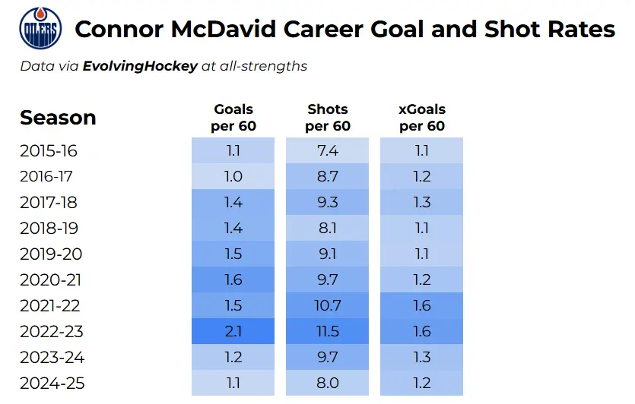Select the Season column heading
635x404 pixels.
click(x=58, y=118)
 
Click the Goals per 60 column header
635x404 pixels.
click(x=233, y=118)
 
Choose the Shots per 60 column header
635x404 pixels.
click(x=328, y=118)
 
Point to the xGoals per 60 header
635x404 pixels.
click(x=422, y=118)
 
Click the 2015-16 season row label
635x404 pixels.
click(x=49, y=150)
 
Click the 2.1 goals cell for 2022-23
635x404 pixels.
click(x=233, y=331)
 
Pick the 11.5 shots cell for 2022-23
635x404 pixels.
click(x=328, y=331)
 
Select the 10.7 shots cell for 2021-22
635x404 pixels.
click(x=328, y=305)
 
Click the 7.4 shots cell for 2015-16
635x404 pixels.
click(x=328, y=150)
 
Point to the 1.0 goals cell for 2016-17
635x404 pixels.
click(x=233, y=176)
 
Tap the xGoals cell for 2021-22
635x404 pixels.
click(x=422, y=305)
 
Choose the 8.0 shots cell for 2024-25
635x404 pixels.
click(x=328, y=383)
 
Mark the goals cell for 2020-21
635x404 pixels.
click(x=233, y=279)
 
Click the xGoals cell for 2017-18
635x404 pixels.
click(x=422, y=202)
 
